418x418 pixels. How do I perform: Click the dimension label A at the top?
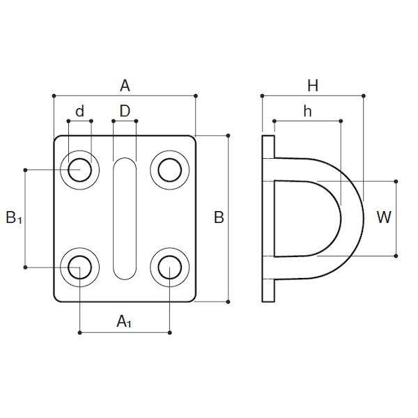tap(125, 86)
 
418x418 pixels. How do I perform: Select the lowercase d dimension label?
tap(79, 111)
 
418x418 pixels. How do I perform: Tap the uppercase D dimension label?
tap(125, 111)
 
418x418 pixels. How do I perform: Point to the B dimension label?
tap(219, 218)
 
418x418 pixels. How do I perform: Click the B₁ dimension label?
tap(14, 218)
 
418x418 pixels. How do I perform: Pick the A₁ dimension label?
tap(124, 321)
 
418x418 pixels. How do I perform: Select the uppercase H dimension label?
tap(313, 86)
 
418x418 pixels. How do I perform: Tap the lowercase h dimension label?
tap(307, 111)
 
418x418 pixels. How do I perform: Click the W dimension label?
tap(383, 218)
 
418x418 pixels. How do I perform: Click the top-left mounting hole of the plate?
tap(80, 169)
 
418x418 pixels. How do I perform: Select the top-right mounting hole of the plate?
tap(170, 169)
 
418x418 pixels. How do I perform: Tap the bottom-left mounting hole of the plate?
tap(80, 267)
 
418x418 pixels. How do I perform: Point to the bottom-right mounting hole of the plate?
tap(170, 267)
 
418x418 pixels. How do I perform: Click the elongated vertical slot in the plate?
tap(125, 218)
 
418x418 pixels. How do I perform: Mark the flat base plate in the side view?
tap(268, 218)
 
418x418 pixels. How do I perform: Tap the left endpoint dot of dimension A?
tap(54, 95)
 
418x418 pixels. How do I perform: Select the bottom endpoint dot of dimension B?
tap(229, 302)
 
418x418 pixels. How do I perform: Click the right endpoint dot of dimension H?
tap(363, 95)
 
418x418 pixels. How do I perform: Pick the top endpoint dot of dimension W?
tap(397, 180)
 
